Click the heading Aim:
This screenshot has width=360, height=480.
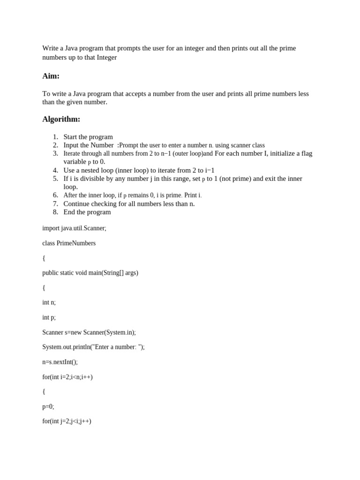51,76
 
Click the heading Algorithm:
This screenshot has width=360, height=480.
61,119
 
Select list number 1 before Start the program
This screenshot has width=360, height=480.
55,137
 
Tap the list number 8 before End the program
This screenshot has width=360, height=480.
55,212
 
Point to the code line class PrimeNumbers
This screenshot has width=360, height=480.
69,243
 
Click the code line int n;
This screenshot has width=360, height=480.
49,302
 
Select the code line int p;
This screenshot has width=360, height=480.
49,317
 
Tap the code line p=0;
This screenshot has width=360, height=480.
48,406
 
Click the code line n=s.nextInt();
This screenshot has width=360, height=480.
60,362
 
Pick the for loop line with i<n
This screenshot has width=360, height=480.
67,377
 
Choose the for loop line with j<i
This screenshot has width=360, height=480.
67,421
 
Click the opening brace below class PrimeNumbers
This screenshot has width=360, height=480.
44,258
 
